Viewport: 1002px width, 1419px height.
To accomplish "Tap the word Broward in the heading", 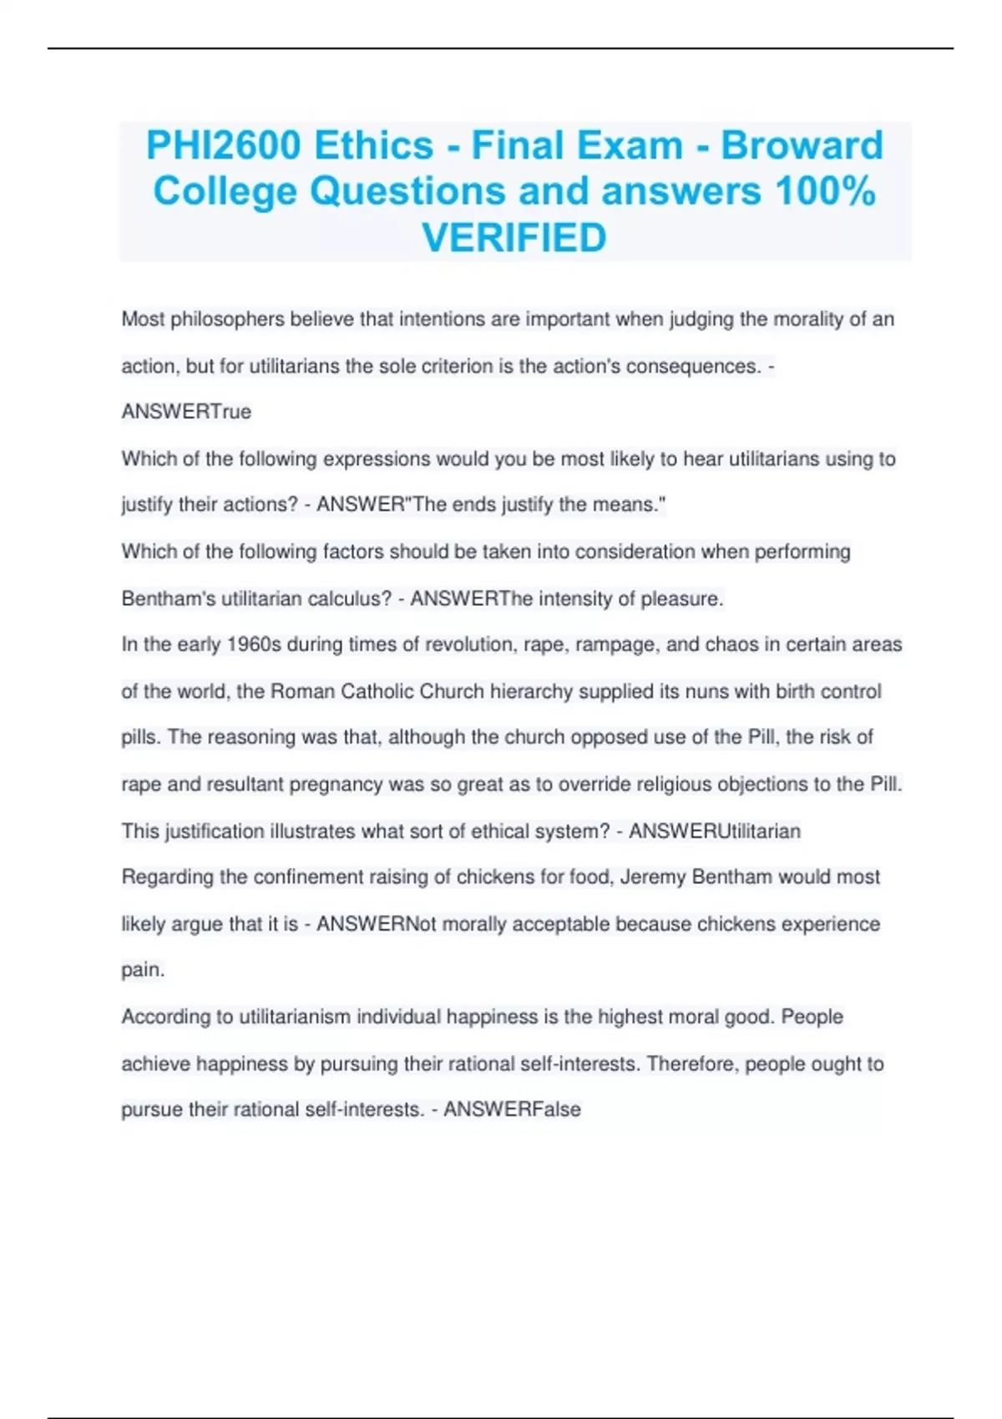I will [x=802, y=145].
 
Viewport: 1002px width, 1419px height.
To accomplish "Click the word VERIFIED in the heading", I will [x=514, y=238].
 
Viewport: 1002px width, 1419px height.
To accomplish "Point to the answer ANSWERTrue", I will [x=186, y=412].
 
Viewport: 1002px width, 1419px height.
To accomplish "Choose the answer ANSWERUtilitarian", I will [x=715, y=831].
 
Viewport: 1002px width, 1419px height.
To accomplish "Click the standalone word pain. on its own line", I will [x=144, y=970].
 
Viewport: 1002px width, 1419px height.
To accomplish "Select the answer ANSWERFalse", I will [x=512, y=1110].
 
